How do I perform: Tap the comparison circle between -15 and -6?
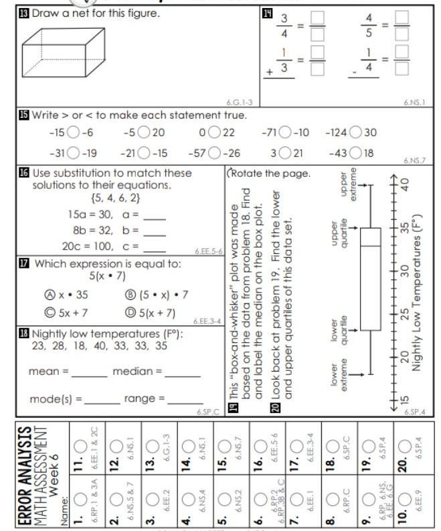tap(73, 133)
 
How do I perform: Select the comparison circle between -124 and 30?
tap(355, 133)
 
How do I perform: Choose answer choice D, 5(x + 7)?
tap(131, 313)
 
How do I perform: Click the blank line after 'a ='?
tap(154, 217)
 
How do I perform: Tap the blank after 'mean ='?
tap(89, 372)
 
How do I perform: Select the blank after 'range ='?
tap(185, 400)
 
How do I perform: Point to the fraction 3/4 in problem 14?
tap(284, 25)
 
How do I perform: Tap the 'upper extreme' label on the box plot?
tap(349, 183)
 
